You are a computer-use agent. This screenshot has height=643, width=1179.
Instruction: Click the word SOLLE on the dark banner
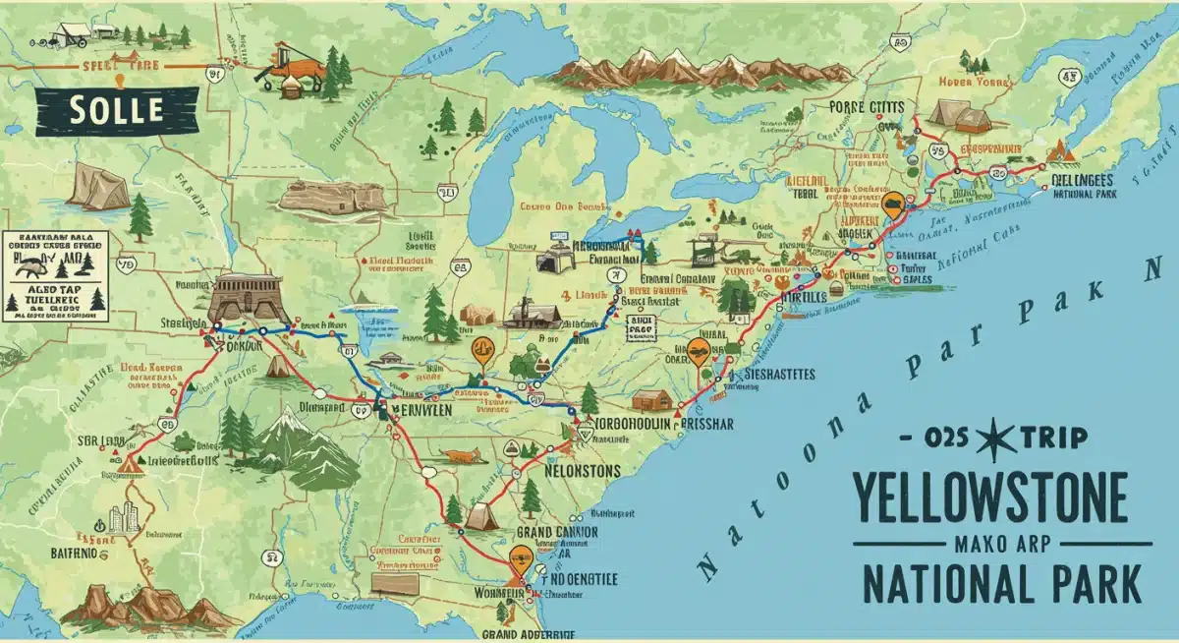click(x=115, y=110)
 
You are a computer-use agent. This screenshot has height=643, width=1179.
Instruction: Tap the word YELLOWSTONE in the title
click(x=989, y=498)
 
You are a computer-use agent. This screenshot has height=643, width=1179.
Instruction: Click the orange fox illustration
click(x=460, y=456)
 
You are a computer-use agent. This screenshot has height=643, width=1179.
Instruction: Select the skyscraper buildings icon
click(x=122, y=518)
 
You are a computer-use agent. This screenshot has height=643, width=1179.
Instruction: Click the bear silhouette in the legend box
click(x=34, y=264)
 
